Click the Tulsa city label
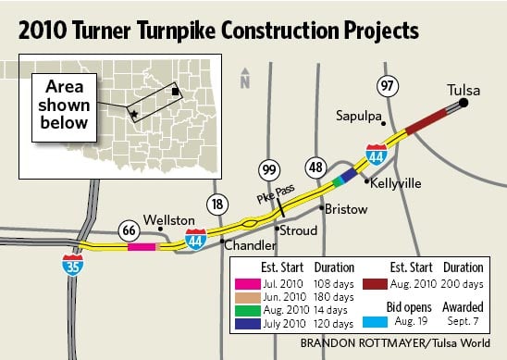(x=463, y=89)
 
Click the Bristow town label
(x=343, y=210)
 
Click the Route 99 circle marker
(x=268, y=168)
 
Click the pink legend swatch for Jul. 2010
(x=249, y=282)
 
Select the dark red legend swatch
(x=379, y=282)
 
